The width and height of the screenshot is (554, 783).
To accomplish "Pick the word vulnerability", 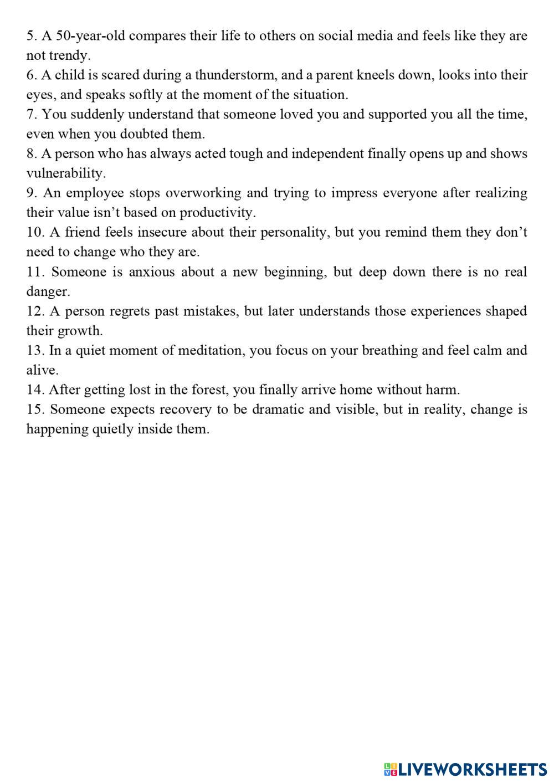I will coord(65,173).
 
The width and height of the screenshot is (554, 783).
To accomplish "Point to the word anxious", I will coord(151,272).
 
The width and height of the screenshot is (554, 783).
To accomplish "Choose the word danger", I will coord(48,291).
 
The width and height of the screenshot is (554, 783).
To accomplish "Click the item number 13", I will coord(35,351).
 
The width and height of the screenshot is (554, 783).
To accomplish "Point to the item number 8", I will coord(31,154).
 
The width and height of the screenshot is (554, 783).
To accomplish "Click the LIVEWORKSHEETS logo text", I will coord(473,769).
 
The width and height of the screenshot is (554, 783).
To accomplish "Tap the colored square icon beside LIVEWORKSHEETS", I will coord(391,769).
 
